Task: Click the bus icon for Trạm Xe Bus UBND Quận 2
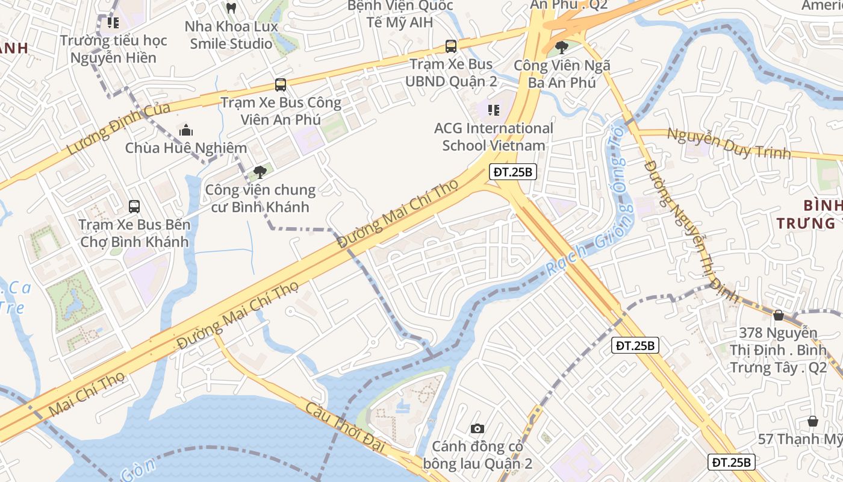[x=450, y=46]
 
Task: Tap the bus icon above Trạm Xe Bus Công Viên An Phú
[x=280, y=85]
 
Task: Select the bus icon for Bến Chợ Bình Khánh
[x=134, y=207]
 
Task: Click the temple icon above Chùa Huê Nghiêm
[x=186, y=130]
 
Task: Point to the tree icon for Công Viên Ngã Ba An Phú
[x=561, y=47]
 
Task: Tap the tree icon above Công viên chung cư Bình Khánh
[x=260, y=172]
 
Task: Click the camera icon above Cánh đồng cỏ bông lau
[x=477, y=428]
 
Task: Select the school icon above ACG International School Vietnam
[x=494, y=110]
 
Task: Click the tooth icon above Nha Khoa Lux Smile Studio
[x=231, y=8]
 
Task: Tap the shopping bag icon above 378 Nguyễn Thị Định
[x=779, y=315]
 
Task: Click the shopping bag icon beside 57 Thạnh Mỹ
[x=813, y=421]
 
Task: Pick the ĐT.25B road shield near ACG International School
[x=513, y=172]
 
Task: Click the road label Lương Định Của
[x=117, y=129]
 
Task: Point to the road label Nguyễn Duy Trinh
[x=729, y=143]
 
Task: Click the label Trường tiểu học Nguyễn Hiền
[x=113, y=49]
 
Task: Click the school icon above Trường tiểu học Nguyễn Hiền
[x=113, y=23]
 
